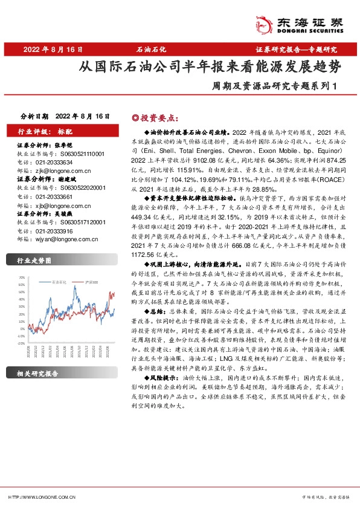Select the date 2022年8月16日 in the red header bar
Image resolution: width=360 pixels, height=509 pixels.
pos(53,49)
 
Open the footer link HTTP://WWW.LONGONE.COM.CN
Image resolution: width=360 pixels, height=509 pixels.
pos(41,496)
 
